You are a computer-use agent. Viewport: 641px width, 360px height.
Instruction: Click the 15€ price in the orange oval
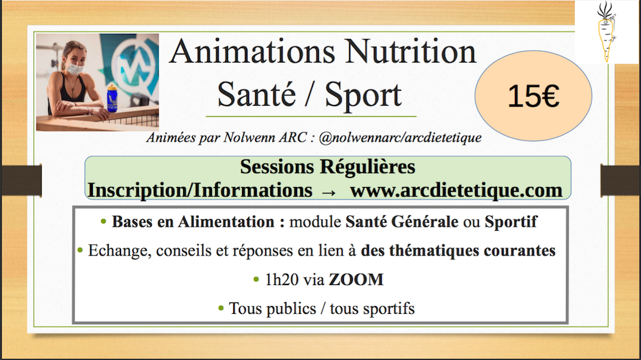tap(533, 97)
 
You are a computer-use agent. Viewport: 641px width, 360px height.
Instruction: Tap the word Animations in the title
tap(252, 52)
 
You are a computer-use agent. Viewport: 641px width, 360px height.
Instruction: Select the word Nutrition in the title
tap(410, 52)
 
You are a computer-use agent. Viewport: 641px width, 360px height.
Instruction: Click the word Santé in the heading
tap(256, 95)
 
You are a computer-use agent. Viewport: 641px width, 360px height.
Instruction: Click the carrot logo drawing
tap(606, 32)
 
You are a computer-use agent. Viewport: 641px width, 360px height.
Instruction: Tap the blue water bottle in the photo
tap(112, 98)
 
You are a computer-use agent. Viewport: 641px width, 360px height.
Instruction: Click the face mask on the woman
tap(75, 68)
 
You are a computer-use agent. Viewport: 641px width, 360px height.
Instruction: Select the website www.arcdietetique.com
tap(456, 191)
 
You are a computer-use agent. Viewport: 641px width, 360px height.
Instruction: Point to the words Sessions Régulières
tap(327, 167)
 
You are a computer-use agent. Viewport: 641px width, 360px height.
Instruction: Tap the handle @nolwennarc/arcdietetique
tap(400, 138)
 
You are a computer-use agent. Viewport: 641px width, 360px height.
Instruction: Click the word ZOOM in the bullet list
tap(356, 280)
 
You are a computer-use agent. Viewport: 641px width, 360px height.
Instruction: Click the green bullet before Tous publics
tap(221, 307)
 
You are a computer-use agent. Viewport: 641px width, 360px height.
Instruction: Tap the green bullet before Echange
tap(80, 250)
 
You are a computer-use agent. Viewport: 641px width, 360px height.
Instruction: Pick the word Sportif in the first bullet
tap(511, 222)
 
